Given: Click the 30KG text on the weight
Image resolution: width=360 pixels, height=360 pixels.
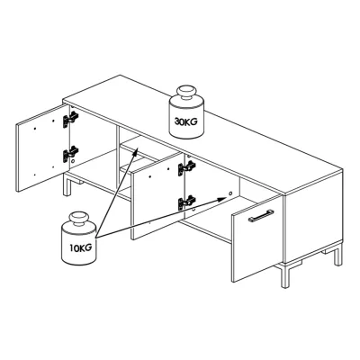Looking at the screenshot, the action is point(186,121).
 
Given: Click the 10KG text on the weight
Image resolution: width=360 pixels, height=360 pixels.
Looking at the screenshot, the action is point(81,248).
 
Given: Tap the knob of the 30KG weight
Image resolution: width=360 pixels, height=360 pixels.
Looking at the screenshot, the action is point(187,93).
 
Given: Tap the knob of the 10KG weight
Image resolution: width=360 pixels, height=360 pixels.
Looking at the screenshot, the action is point(79,218).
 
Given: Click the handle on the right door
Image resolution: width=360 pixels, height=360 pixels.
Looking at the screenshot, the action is point(261,216).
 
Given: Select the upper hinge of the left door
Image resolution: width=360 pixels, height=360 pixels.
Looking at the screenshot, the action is point(70,119).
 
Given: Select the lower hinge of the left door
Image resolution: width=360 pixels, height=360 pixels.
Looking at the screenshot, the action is point(70,154).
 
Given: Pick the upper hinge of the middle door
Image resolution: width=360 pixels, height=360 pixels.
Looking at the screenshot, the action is point(186,168).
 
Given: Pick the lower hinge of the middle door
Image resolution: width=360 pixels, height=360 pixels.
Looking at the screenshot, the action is point(186,203).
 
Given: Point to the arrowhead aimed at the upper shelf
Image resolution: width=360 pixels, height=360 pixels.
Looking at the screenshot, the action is point(135,152).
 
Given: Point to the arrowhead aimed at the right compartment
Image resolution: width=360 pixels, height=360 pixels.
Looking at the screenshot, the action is point(221,199).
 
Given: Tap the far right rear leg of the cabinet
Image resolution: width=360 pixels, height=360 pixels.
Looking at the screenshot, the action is point(338,255).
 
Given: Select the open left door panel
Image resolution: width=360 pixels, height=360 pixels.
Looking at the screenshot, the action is point(43,148).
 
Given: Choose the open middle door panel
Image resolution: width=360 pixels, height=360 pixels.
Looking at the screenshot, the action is point(158,196).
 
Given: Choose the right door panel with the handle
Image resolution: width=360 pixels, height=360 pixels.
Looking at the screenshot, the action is point(257,238).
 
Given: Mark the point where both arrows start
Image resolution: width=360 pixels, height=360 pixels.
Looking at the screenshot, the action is point(95,238).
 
